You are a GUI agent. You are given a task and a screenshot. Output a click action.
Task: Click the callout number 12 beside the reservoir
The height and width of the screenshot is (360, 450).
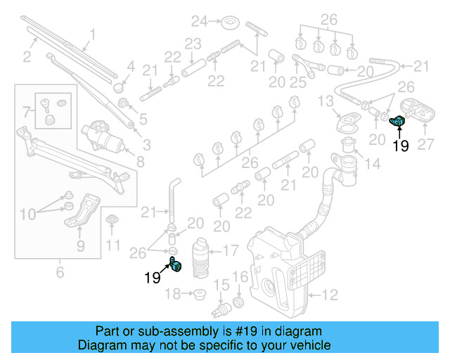pos(330,294)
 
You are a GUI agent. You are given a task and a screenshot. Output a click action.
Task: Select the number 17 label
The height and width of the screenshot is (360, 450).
pos(230,249)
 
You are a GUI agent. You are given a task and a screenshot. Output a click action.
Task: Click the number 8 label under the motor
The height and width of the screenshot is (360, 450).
pos(141,161)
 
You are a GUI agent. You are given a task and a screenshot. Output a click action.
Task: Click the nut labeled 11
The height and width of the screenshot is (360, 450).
pos(111,223)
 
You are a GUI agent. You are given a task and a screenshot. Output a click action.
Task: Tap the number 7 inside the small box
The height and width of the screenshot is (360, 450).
pos(27,112)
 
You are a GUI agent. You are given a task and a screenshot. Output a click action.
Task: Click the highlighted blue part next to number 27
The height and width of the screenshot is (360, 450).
pos(399,124)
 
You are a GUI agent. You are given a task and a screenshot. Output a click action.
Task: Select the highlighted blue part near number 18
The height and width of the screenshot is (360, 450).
pos(175,265)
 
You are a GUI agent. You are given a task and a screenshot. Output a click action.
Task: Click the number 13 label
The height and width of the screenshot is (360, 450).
pos(326,103)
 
